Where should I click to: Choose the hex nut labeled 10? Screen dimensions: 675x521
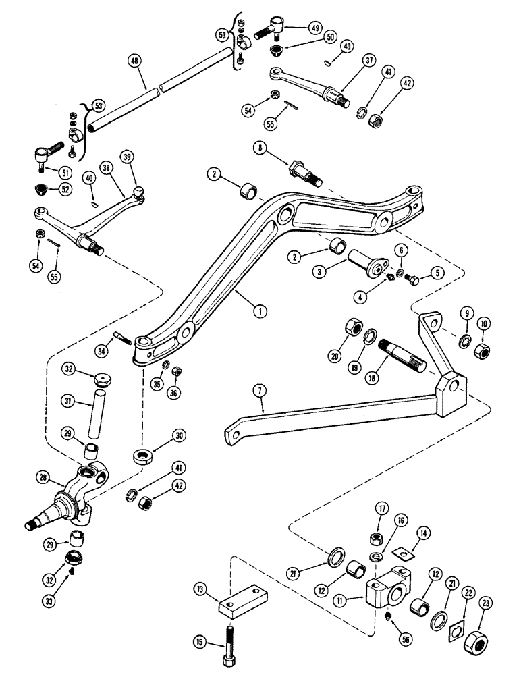click(482, 350)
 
